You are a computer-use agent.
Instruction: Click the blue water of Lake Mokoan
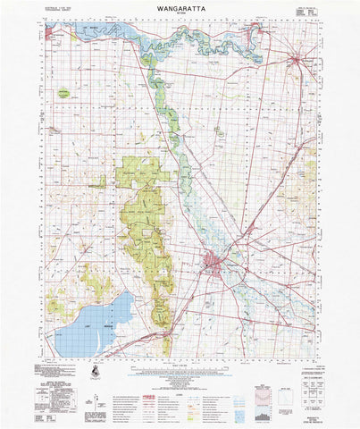[89, 326]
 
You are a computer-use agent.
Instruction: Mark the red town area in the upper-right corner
[297, 60]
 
